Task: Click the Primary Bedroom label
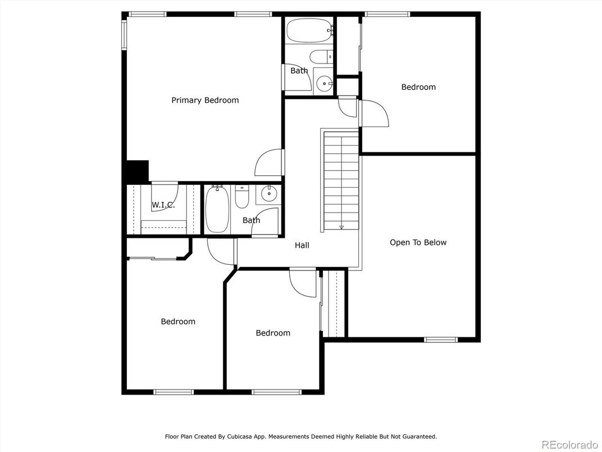coord(205,100)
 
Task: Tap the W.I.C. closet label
coord(163,205)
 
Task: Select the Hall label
coord(302,245)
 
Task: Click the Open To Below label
coord(418,242)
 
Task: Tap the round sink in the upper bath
coord(325,83)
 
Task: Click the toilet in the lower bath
coord(242,196)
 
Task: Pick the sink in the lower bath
coord(269,194)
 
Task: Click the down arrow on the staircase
coord(341,227)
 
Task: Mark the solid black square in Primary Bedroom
coord(137,171)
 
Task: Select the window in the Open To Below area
coord(441,340)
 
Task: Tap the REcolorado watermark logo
coord(570,444)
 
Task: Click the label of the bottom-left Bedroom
coord(178,322)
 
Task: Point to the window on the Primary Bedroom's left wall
coord(125,35)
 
